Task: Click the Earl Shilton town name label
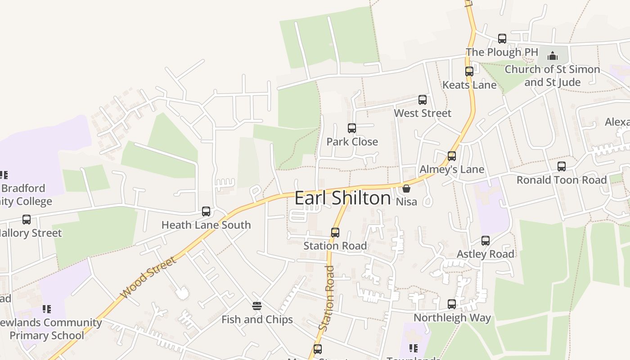[x=342, y=198]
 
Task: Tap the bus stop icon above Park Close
[x=352, y=128]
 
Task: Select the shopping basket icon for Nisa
[x=406, y=189]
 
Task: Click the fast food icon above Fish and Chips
[x=257, y=306]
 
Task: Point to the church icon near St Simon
[x=553, y=56]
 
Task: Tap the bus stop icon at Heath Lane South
[x=206, y=211]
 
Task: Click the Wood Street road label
[x=148, y=277]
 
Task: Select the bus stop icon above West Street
[x=423, y=100]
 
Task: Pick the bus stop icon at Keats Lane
[x=469, y=71]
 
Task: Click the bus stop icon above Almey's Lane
[x=452, y=156]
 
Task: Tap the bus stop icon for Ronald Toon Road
[x=562, y=166]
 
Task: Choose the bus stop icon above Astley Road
[x=486, y=241]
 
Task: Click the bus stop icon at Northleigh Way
[x=452, y=304]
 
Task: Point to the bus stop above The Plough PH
[x=502, y=39]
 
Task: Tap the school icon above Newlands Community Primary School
[x=47, y=309]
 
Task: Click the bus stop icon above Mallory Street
[x=27, y=220]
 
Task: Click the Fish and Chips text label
[x=257, y=319]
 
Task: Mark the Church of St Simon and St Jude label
[x=552, y=76]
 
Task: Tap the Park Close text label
[x=352, y=142]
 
